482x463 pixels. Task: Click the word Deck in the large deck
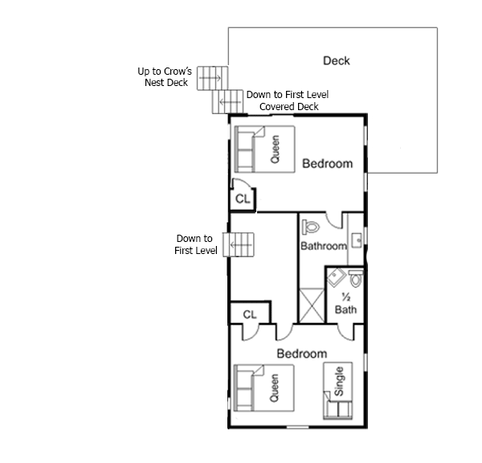click(337, 60)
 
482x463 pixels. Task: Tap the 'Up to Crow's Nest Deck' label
click(165, 77)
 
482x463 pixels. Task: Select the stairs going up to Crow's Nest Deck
click(212, 78)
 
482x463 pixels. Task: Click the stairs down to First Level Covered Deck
click(227, 101)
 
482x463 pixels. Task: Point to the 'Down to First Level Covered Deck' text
click(288, 100)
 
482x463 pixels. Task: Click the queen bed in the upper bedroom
click(264, 150)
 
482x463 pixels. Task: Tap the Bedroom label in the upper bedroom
click(328, 164)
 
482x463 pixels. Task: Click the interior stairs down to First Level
click(239, 244)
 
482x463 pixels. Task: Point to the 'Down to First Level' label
click(195, 244)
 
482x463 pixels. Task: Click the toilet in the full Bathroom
click(310, 227)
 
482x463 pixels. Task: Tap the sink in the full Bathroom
click(357, 240)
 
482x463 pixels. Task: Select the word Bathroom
click(324, 246)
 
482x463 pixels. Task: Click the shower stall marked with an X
click(312, 305)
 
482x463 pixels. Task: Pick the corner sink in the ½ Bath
click(335, 277)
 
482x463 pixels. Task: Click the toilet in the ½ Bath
click(356, 278)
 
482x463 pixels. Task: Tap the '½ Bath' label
click(345, 304)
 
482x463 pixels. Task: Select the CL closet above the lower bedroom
click(250, 313)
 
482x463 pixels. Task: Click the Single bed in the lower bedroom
click(338, 391)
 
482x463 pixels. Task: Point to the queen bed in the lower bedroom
click(264, 388)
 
